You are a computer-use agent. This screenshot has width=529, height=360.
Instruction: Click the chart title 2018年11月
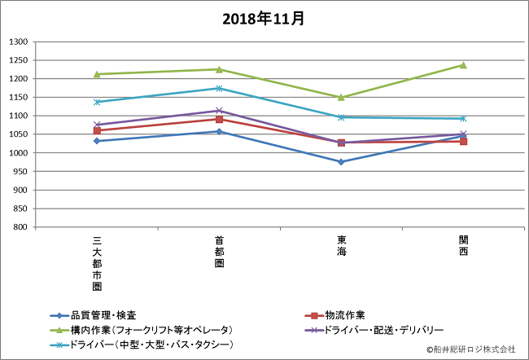click(264, 18)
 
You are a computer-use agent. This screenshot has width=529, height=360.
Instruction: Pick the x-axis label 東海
click(341, 246)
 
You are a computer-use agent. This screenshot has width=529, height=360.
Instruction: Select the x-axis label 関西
click(463, 246)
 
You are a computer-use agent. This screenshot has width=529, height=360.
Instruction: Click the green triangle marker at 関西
click(463, 65)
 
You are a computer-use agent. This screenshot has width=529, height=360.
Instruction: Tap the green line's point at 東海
click(341, 97)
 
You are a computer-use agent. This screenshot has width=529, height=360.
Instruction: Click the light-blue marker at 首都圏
click(219, 88)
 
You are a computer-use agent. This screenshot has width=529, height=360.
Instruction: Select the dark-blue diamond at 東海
click(341, 161)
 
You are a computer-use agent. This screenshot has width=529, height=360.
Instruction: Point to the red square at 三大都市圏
click(97, 130)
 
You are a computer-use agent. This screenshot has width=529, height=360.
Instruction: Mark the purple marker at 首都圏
click(219, 111)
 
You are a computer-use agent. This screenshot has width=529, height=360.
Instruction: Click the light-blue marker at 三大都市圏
click(97, 102)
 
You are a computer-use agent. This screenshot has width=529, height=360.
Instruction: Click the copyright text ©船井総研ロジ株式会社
click(471, 349)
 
